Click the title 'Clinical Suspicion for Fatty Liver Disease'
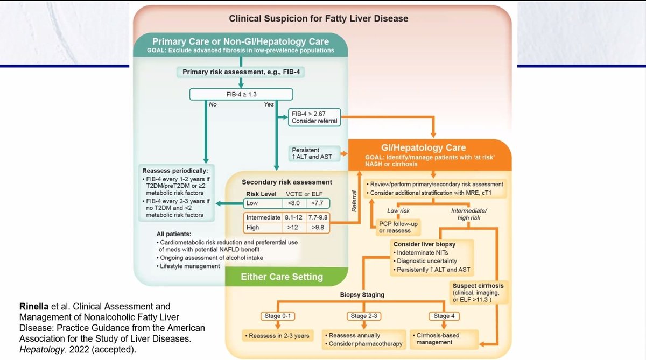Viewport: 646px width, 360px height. click(x=319, y=18)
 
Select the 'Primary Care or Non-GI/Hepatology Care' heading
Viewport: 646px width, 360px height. click(x=240, y=41)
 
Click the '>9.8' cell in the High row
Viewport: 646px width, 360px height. click(x=317, y=227)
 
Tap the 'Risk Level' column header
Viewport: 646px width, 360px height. click(x=261, y=194)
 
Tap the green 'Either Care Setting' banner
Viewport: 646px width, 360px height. click(x=282, y=277)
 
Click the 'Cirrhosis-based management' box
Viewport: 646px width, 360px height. click(x=437, y=339)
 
